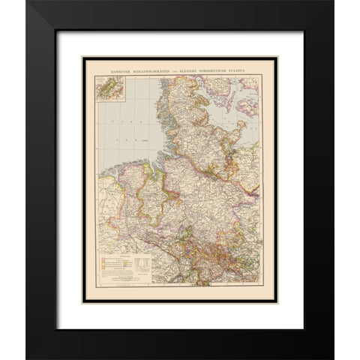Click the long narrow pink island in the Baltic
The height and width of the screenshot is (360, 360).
tap(230, 101)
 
